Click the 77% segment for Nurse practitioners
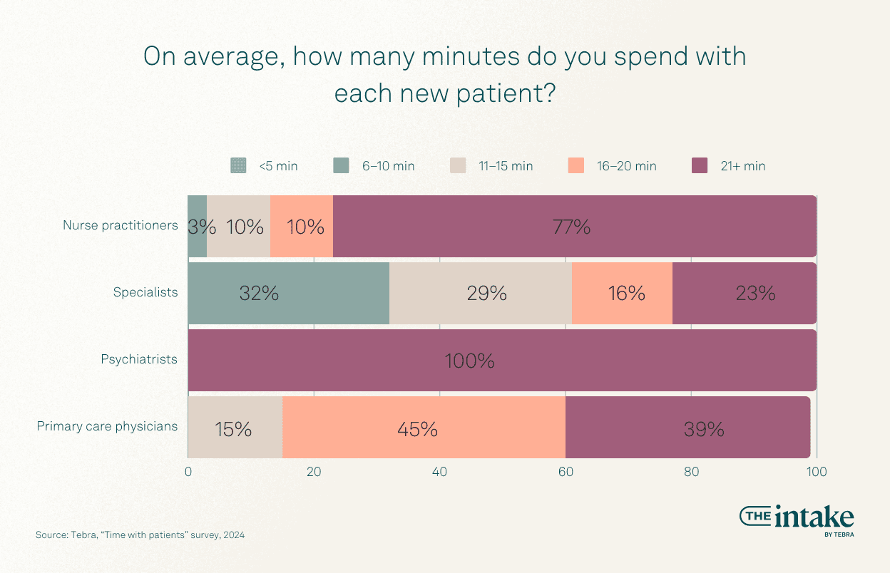[x=574, y=227]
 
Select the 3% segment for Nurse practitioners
[x=198, y=227]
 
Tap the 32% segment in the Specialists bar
[x=288, y=293]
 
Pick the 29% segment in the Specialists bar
[x=481, y=293]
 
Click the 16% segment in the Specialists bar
[x=622, y=293]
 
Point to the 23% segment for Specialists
[x=744, y=293]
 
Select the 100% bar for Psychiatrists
[x=502, y=360]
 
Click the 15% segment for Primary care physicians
[x=235, y=427]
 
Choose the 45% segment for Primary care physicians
[x=424, y=427]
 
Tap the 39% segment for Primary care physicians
[x=687, y=427]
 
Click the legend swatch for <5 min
[x=238, y=166]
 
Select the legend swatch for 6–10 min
[x=341, y=166]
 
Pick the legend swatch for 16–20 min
[x=576, y=166]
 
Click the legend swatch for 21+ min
[x=700, y=166]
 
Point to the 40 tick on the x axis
[x=439, y=471]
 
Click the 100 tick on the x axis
[x=816, y=471]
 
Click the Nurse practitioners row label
[x=120, y=225]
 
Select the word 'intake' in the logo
[x=813, y=517]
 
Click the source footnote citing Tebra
[x=140, y=535]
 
